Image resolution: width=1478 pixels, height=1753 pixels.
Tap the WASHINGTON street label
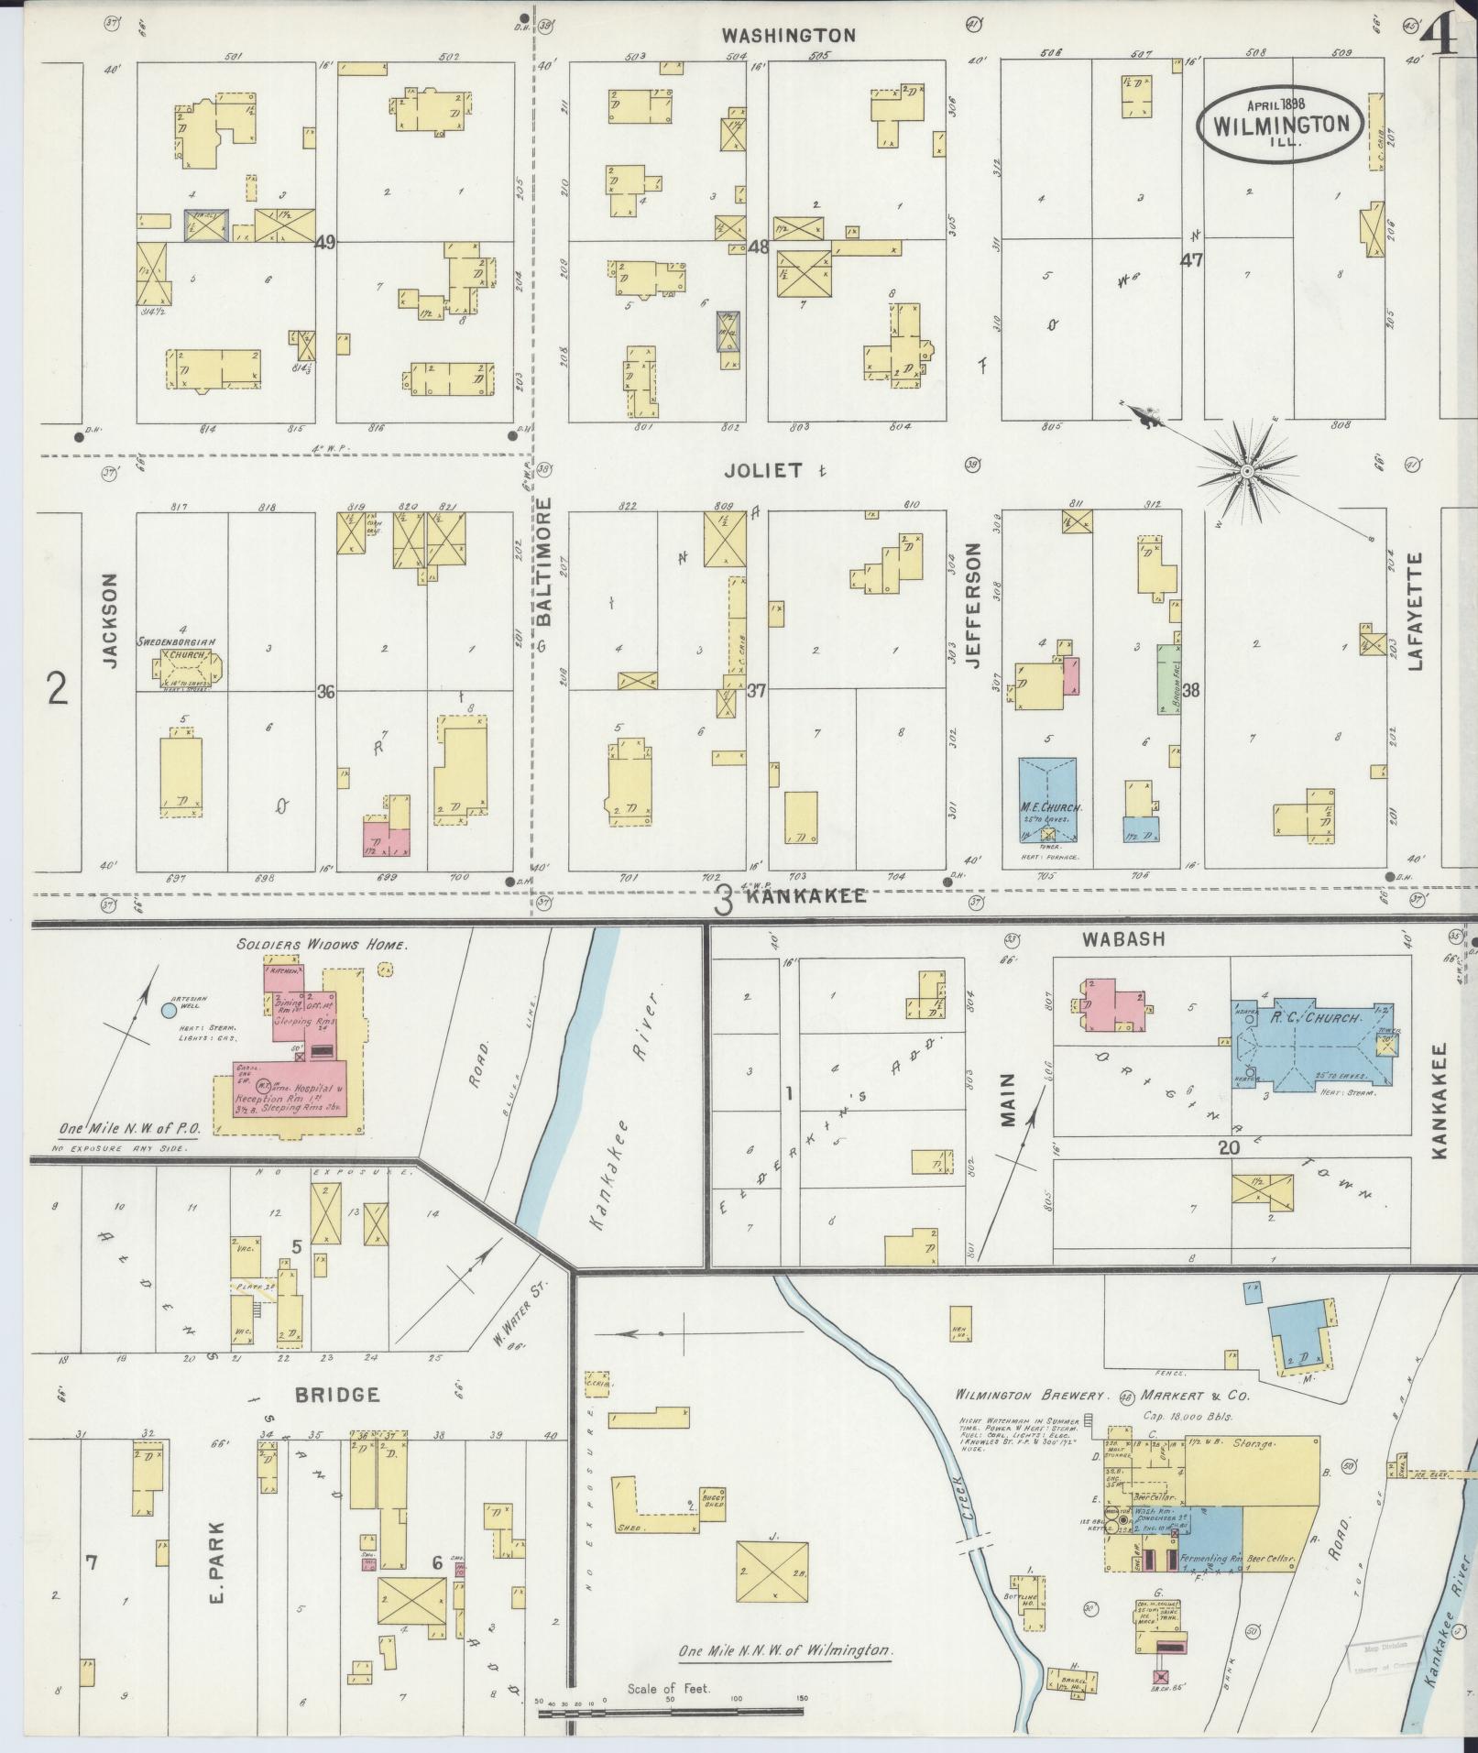coord(788,36)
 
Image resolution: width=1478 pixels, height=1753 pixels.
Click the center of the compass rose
coord(1246,470)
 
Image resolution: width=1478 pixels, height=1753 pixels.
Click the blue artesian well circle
coord(169,1011)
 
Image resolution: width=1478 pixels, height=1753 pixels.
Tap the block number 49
coord(324,243)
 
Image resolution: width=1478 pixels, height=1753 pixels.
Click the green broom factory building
coord(1167,678)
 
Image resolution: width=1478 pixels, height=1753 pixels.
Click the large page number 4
coord(1440,38)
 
